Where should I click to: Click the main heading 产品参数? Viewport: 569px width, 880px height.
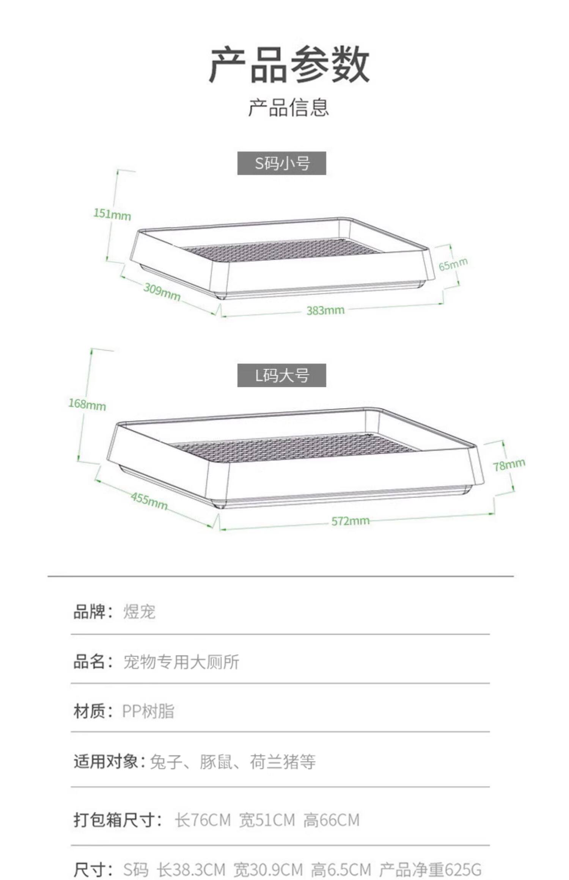tap(289, 64)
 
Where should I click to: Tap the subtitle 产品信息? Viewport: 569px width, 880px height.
tap(288, 107)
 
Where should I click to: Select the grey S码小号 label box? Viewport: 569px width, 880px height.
tap(281, 163)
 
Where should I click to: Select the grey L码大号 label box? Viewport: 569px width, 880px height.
tap(281, 375)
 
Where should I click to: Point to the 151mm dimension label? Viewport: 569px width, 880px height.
tap(112, 215)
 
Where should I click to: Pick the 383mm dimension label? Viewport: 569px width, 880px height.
tap(325, 310)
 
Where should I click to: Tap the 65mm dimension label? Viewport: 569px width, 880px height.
tap(453, 264)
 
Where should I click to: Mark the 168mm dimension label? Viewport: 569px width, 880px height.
tap(87, 404)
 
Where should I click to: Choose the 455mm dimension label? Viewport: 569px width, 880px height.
tap(149, 501)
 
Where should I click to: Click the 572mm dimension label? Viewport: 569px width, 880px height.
tap(350, 521)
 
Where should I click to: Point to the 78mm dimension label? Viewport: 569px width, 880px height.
tap(509, 464)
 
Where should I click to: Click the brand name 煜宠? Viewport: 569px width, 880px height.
tap(139, 611)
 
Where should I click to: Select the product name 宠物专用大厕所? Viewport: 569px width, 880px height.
tap(181, 662)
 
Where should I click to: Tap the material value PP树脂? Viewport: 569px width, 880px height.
tap(148, 711)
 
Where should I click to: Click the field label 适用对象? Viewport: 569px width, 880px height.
tap(106, 761)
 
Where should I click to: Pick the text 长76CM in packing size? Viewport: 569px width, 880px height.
tap(203, 820)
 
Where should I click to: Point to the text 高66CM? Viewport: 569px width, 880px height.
tap(331, 820)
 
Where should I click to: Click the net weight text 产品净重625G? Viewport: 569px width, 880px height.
tap(430, 869)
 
